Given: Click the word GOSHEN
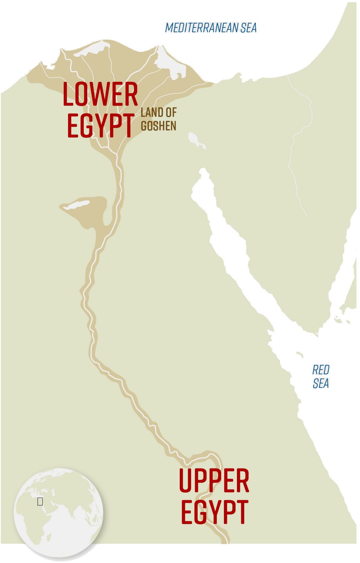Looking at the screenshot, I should (158, 126).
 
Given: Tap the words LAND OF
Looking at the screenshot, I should (158, 113).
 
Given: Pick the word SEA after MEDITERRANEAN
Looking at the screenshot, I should (249, 28).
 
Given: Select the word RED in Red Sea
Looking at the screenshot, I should (321, 370).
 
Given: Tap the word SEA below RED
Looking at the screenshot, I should (321, 383).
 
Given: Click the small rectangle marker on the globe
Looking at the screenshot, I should (40, 501).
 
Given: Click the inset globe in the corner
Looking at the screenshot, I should (58, 513).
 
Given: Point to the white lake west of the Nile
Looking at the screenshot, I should (77, 205).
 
